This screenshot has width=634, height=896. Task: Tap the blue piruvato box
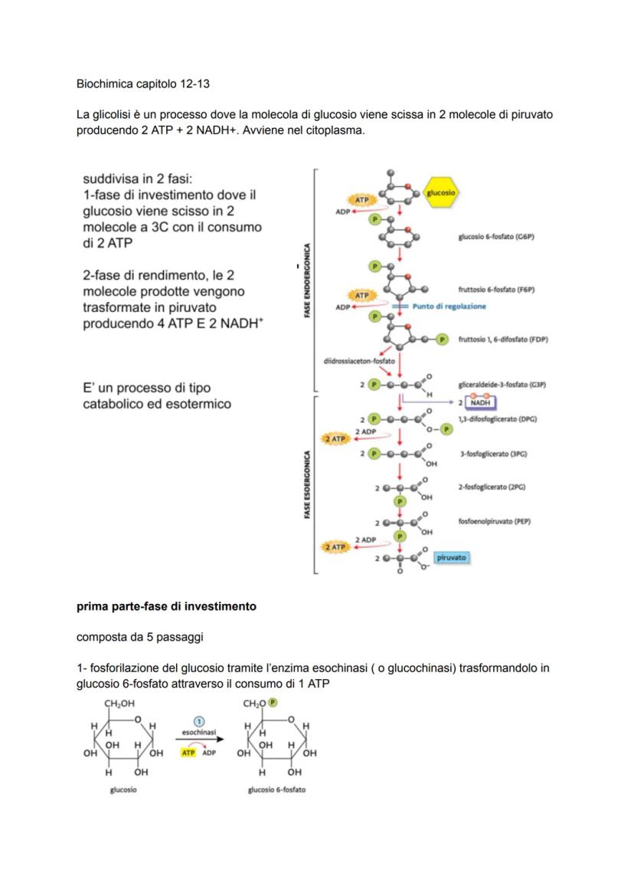pyautogui.click(x=452, y=558)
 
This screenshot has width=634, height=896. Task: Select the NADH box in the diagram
pyautogui.click(x=480, y=402)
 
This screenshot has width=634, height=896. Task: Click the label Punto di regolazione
pyautogui.click(x=449, y=307)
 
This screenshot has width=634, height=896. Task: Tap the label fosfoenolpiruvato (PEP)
pyautogui.click(x=495, y=522)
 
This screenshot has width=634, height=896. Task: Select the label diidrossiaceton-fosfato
pyautogui.click(x=358, y=360)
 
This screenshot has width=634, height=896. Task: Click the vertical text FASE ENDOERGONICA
pyautogui.click(x=307, y=281)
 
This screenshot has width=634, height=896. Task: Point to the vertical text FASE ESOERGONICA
pyautogui.click(x=307, y=484)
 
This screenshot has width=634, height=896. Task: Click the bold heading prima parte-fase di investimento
pyautogui.click(x=166, y=606)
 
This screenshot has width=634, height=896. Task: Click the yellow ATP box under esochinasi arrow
pyautogui.click(x=188, y=753)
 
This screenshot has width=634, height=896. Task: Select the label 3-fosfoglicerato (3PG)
pyautogui.click(x=493, y=454)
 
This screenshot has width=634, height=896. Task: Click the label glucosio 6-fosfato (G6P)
pyautogui.click(x=495, y=238)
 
